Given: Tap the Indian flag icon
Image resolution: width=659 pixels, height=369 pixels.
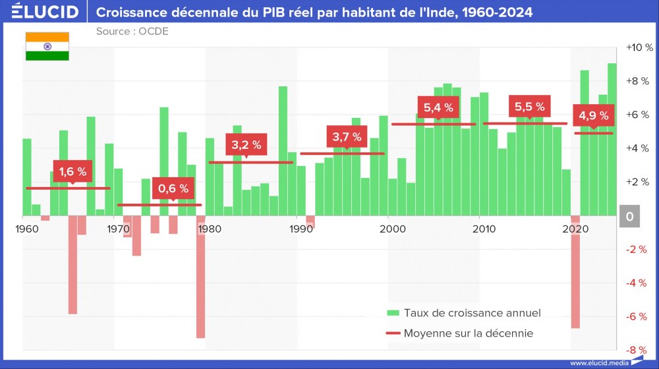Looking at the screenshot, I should [47, 46].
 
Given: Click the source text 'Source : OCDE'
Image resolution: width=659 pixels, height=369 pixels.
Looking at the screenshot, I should [132, 32].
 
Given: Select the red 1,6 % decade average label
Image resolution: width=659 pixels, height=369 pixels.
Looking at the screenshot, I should [72, 171].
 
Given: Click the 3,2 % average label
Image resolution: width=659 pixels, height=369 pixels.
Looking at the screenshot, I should [246, 144].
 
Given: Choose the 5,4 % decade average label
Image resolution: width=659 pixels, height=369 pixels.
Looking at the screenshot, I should [438, 107].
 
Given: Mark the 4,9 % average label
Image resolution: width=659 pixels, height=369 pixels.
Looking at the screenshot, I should [594, 116].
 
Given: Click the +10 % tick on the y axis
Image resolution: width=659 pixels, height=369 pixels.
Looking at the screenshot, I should [639, 47].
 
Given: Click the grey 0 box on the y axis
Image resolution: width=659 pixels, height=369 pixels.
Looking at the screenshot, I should [629, 216].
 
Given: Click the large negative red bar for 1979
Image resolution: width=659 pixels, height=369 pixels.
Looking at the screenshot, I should [200, 277].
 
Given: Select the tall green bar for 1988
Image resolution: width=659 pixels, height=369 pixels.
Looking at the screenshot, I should [283, 151].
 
